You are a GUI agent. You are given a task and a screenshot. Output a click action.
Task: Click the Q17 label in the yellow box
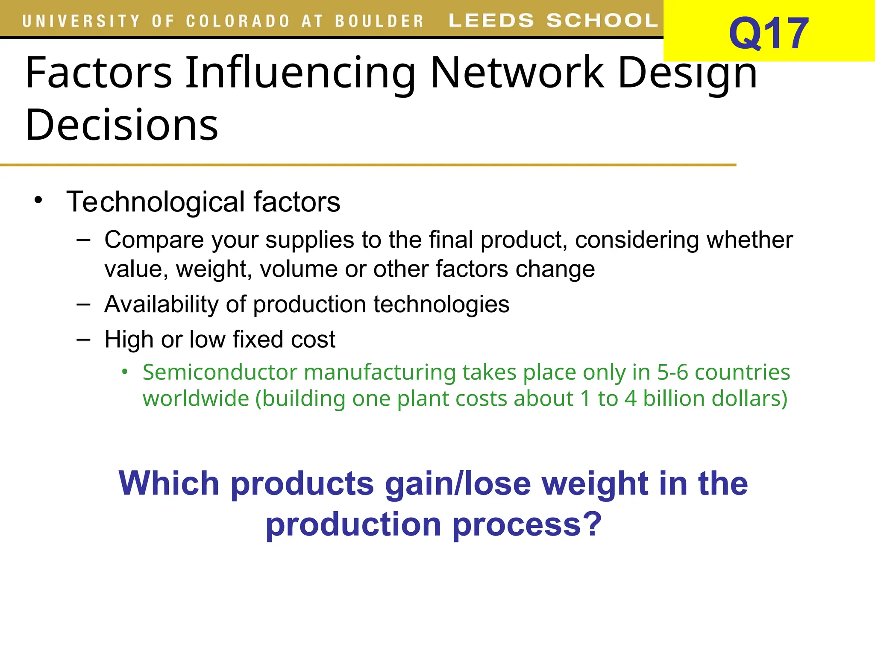click(x=768, y=33)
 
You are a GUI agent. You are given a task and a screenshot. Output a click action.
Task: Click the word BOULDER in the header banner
click(x=379, y=21)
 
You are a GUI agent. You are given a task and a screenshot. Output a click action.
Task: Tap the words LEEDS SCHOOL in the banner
click(x=553, y=20)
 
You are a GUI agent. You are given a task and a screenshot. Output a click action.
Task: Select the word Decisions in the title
click(x=122, y=125)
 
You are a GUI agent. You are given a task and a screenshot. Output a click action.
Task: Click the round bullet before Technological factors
click(x=38, y=200)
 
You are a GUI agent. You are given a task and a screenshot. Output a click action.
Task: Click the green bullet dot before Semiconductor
click(x=124, y=372)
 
